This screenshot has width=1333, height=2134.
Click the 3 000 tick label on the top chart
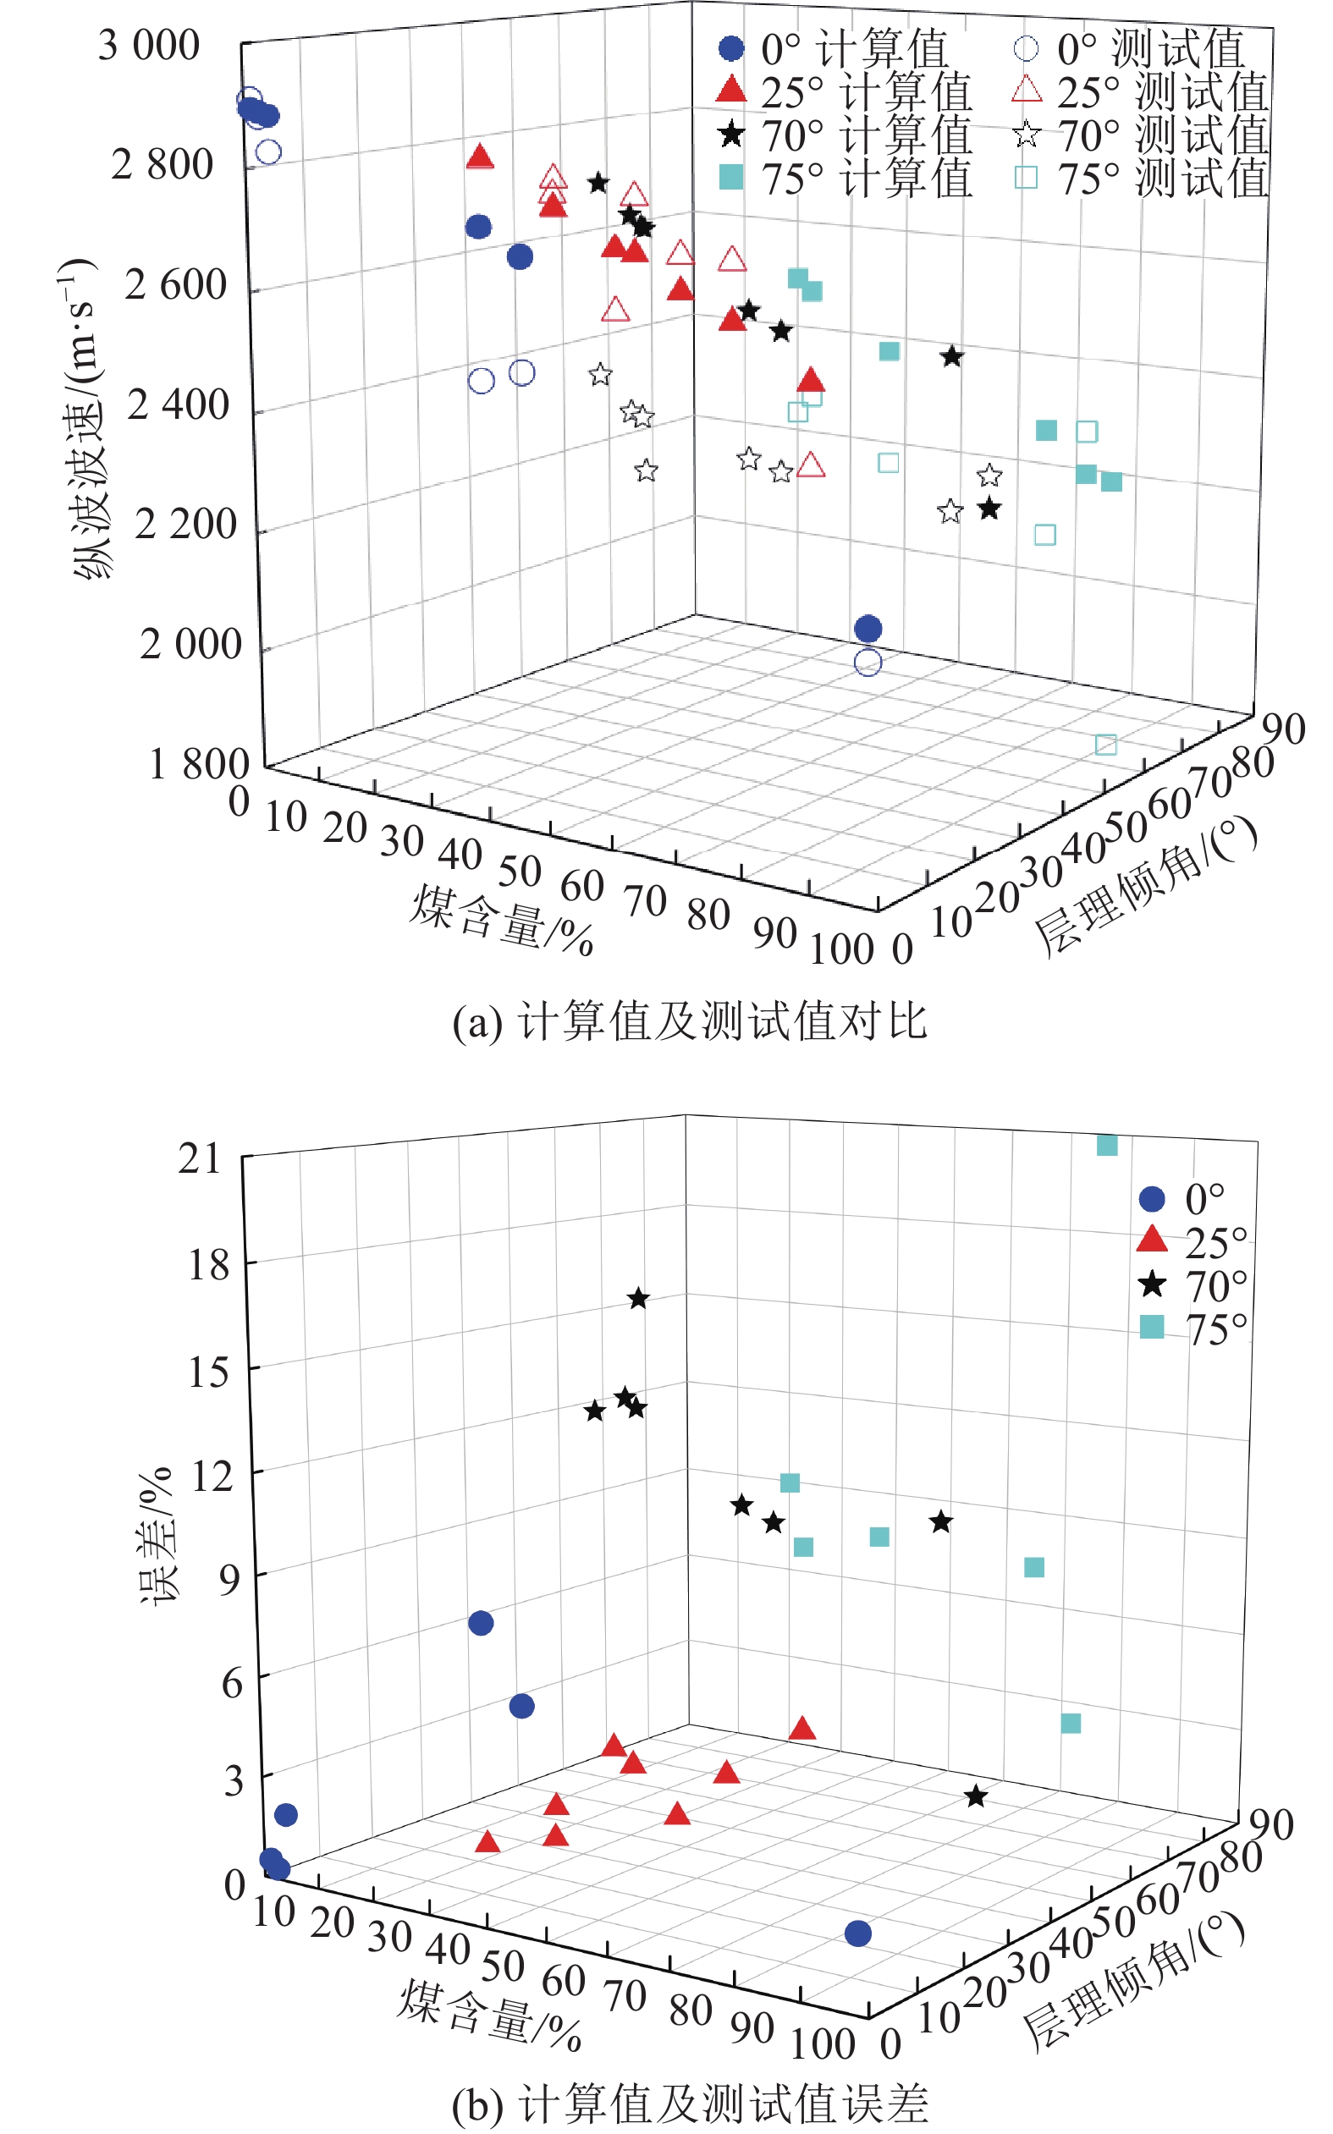coord(148,46)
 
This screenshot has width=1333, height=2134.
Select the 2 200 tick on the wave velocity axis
coord(185,525)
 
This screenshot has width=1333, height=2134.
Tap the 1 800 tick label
coord(198,764)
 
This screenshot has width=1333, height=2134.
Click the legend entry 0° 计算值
coord(833,48)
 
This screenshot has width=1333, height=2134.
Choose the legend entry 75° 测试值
coord(1142,179)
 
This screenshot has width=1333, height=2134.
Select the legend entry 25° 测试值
coord(1142,91)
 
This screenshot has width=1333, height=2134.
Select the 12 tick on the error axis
coord(212,1475)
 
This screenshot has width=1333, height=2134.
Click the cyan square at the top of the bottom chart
coord(1106,1145)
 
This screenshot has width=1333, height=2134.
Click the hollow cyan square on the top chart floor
coord(1105,745)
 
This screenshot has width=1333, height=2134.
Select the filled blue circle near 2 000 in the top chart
coord(868,629)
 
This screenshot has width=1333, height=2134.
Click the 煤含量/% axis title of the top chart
coord(500,921)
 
